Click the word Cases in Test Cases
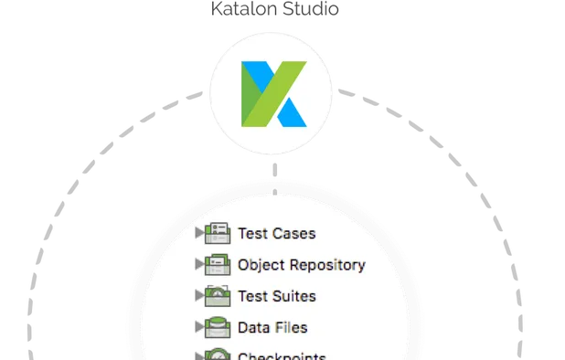pos(294,233)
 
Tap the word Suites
pos(295,296)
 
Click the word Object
pos(260,265)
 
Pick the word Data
pos(253,327)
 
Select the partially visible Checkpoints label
pos(282,356)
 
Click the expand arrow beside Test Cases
pos(199,233)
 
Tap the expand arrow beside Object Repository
pos(199,265)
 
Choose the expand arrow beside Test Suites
pos(199,296)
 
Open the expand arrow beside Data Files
pos(199,327)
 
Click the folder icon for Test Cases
pos(218,233)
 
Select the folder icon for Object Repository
pos(218,265)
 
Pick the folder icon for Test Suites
pos(218,296)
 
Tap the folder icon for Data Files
pos(218,327)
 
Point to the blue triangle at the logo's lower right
pos(291,113)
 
